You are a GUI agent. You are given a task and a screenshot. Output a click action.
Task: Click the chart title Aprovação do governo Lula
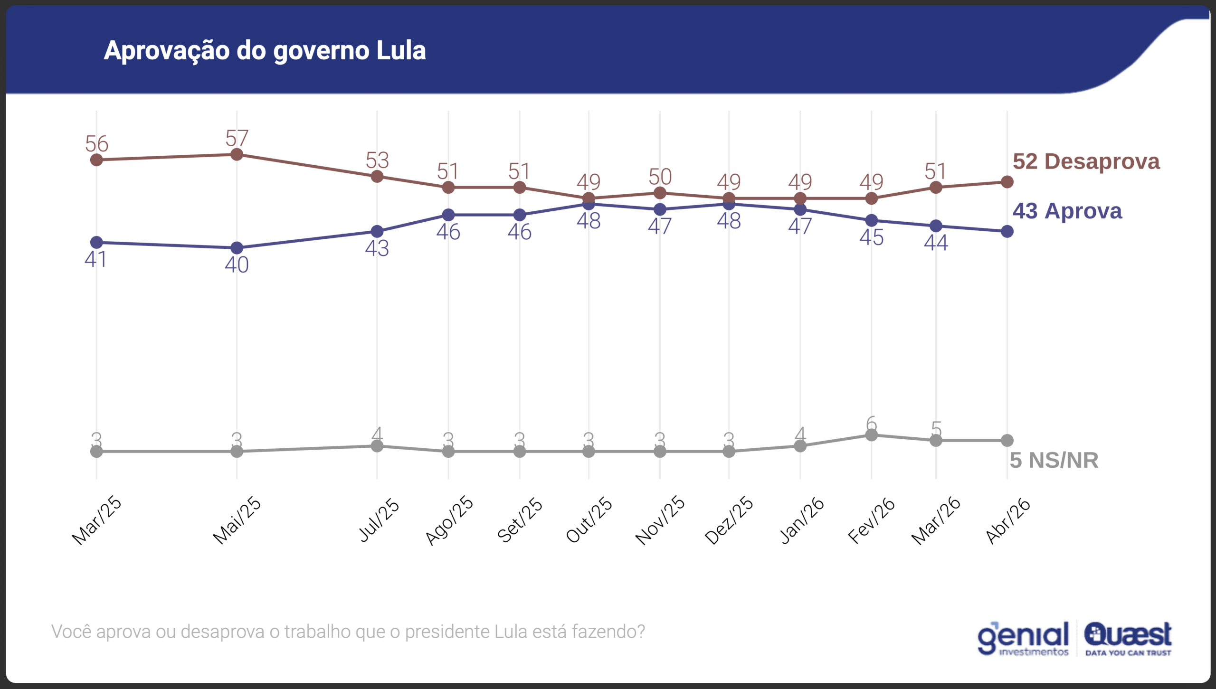265,50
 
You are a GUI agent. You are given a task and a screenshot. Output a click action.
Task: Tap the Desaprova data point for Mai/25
237,154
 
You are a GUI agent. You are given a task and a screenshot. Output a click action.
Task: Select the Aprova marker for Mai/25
237,248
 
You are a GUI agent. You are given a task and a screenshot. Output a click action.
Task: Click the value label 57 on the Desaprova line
237,138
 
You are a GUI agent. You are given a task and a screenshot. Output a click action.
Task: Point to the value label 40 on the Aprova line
237,264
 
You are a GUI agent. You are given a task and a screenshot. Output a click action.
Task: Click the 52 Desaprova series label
1086,161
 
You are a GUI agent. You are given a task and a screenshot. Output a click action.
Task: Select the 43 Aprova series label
1067,211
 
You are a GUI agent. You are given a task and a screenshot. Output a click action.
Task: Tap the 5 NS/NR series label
1054,460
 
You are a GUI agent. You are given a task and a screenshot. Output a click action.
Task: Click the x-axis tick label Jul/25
379,519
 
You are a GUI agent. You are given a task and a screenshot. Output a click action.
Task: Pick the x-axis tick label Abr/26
1008,520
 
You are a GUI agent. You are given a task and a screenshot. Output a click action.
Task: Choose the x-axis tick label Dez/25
729,520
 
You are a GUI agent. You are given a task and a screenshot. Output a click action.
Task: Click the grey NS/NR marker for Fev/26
871,435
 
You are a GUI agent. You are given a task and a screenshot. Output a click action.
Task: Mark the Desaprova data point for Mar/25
96,160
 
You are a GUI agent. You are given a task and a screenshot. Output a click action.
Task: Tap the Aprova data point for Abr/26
1007,232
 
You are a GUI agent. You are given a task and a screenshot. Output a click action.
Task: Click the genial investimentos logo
1023,638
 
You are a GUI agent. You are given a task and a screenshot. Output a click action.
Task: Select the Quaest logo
1128,638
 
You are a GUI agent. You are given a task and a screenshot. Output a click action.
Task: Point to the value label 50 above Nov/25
660,177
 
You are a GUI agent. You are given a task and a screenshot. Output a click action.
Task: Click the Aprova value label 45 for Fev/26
871,237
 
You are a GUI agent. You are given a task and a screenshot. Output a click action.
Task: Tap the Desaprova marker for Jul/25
377,177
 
